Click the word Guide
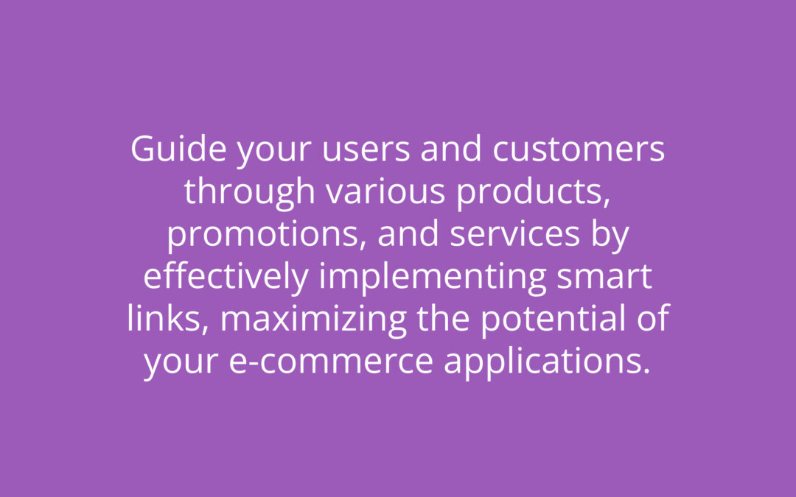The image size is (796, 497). [178, 149]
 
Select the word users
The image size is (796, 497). [366, 149]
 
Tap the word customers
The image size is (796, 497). [579, 149]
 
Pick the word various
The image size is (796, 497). [385, 191]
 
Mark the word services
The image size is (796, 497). [514, 234]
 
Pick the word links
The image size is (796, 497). [168, 319]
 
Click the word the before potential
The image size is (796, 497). [443, 318]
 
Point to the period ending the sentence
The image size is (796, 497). [646, 371]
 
